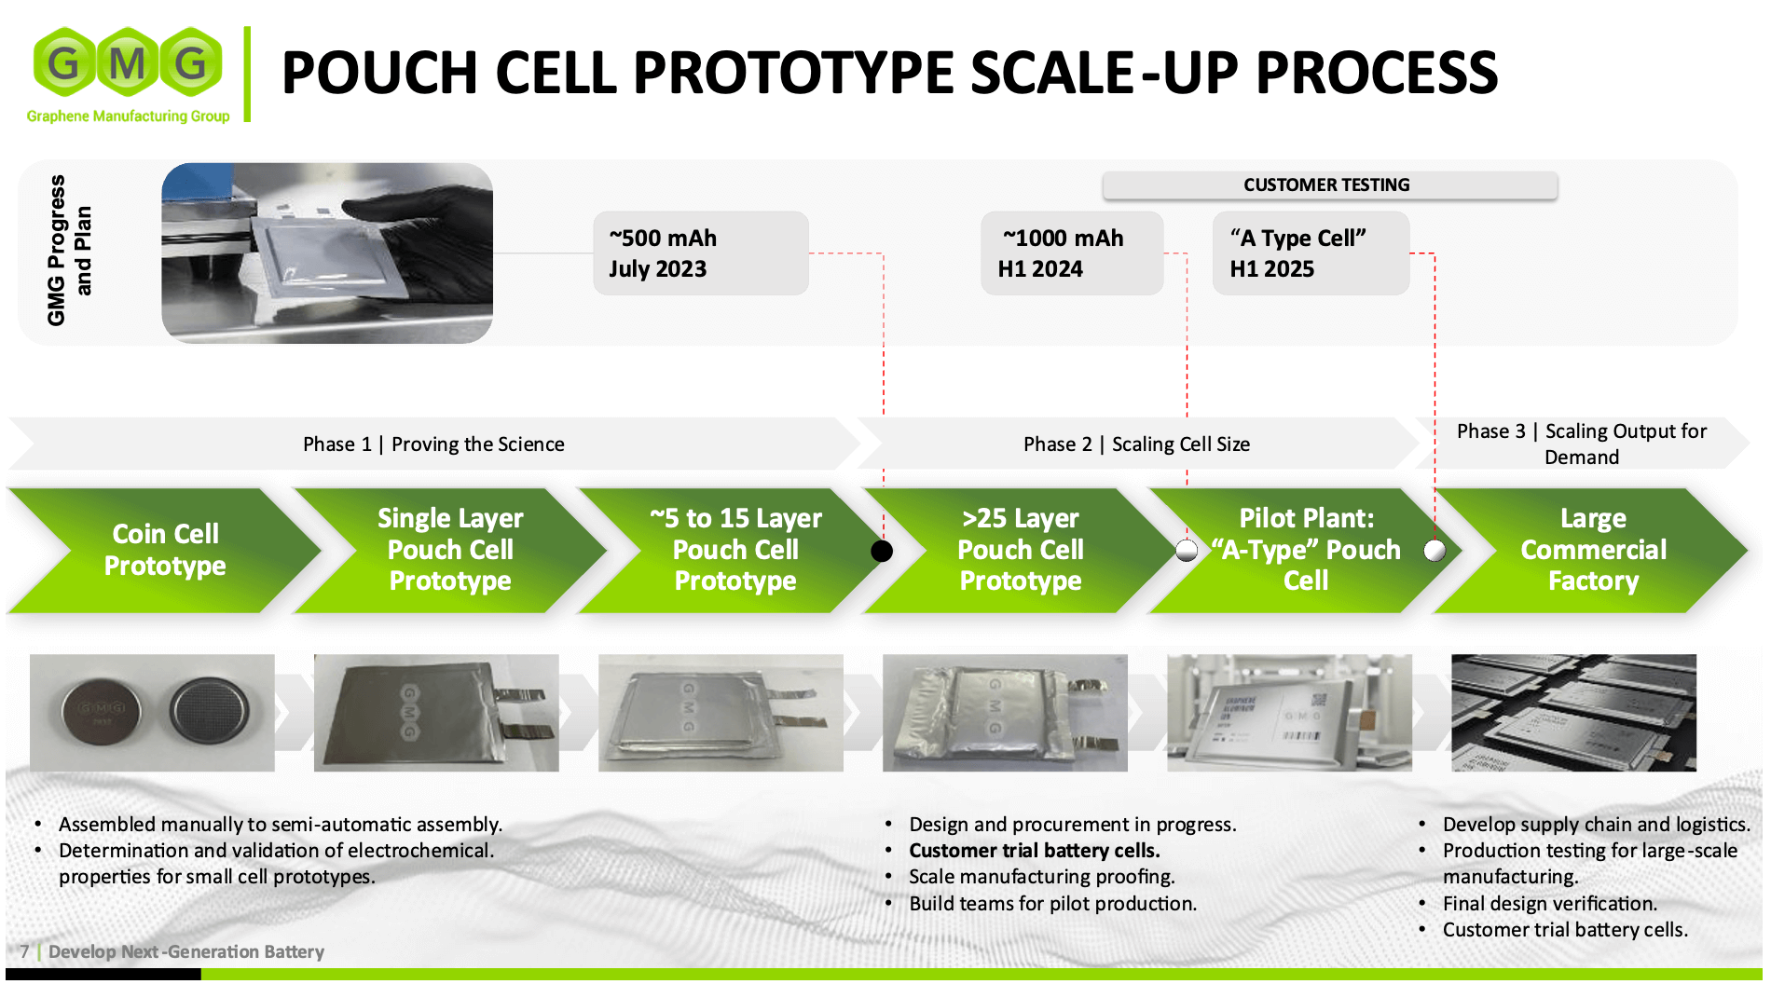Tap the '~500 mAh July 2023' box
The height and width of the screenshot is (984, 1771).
pos(701,253)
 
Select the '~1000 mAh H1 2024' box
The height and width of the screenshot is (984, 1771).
pos(1072,253)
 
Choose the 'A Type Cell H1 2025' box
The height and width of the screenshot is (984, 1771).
pos(1311,253)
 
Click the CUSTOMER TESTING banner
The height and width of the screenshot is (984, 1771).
pos(1329,184)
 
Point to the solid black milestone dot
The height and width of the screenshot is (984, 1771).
pos(882,551)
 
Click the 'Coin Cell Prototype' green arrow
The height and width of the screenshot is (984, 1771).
pos(165,550)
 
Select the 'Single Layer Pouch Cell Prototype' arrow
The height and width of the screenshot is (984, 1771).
pos(450,550)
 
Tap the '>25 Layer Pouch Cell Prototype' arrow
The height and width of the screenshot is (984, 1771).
pos(1021,550)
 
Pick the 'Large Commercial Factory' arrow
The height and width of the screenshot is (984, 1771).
pos(1592,550)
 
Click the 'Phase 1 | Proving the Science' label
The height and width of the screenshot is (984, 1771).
pos(433,444)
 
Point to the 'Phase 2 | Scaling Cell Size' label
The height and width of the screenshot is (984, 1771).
pos(1136,444)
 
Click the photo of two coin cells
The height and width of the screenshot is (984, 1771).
pos(152,713)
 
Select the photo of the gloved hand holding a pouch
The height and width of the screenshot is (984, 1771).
pos(327,253)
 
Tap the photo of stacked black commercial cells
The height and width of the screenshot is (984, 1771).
pos(1573,713)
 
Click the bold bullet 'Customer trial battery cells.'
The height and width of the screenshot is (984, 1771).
pos(1035,851)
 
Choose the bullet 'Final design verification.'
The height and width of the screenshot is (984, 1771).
pos(1550,904)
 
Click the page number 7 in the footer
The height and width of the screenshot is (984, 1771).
pos(25,951)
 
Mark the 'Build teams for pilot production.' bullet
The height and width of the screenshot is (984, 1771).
pos(1053,904)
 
